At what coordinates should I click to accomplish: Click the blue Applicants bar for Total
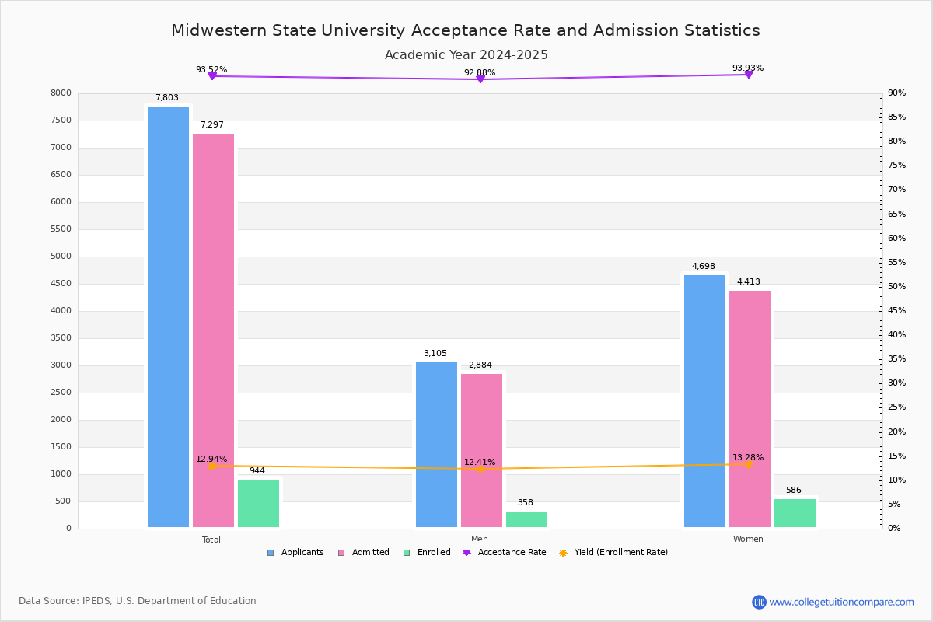coord(168,317)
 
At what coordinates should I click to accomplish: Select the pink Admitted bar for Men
coord(481,451)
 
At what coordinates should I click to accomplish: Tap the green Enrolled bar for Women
coord(795,513)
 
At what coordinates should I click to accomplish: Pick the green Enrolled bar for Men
coord(526,519)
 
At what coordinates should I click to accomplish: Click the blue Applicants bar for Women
coord(704,401)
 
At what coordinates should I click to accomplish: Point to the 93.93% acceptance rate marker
coord(748,75)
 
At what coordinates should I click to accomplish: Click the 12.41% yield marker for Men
coord(480,469)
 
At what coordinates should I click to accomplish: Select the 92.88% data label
coord(480,72)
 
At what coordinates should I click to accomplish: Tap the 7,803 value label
coord(167,98)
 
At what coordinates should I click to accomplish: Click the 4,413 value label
coord(749,282)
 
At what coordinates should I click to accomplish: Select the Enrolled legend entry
coord(427,553)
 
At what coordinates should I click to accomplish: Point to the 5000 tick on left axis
coord(61,257)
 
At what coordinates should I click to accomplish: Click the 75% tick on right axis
coord(896,166)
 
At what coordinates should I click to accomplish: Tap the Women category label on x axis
coord(748,540)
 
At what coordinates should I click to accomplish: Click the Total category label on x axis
coord(211,540)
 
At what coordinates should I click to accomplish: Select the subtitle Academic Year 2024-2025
coord(466,55)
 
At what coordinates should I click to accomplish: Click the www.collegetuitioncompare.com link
coord(841,602)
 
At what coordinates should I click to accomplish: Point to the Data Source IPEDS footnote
coord(138,601)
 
